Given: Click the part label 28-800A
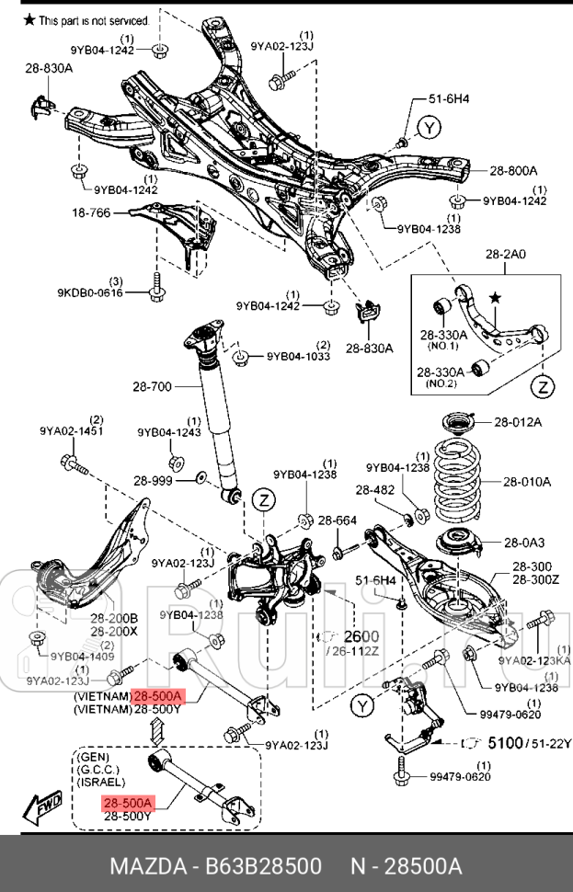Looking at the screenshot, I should tap(513, 170).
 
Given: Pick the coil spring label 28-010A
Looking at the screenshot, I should tap(526, 481).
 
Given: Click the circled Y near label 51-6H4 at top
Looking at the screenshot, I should tap(428, 127).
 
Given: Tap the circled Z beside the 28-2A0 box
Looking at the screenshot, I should tap(544, 385).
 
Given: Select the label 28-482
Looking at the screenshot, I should tap(375, 490).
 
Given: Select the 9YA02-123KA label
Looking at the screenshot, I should tap(534, 659).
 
